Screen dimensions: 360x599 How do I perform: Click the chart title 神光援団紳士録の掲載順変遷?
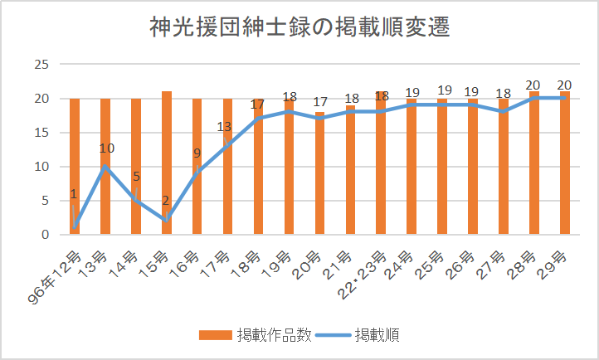point(299,28)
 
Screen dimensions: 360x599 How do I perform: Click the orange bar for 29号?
point(565,166)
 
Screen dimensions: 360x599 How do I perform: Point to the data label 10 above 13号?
point(107,149)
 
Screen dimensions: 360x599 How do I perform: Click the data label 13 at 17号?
point(224,127)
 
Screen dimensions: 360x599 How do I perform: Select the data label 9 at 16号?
point(197,153)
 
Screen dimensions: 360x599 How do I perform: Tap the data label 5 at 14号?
point(135,176)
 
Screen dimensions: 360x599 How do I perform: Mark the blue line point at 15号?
point(167,221)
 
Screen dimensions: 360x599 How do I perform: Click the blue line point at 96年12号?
point(75,227)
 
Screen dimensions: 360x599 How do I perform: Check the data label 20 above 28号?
point(534,85)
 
